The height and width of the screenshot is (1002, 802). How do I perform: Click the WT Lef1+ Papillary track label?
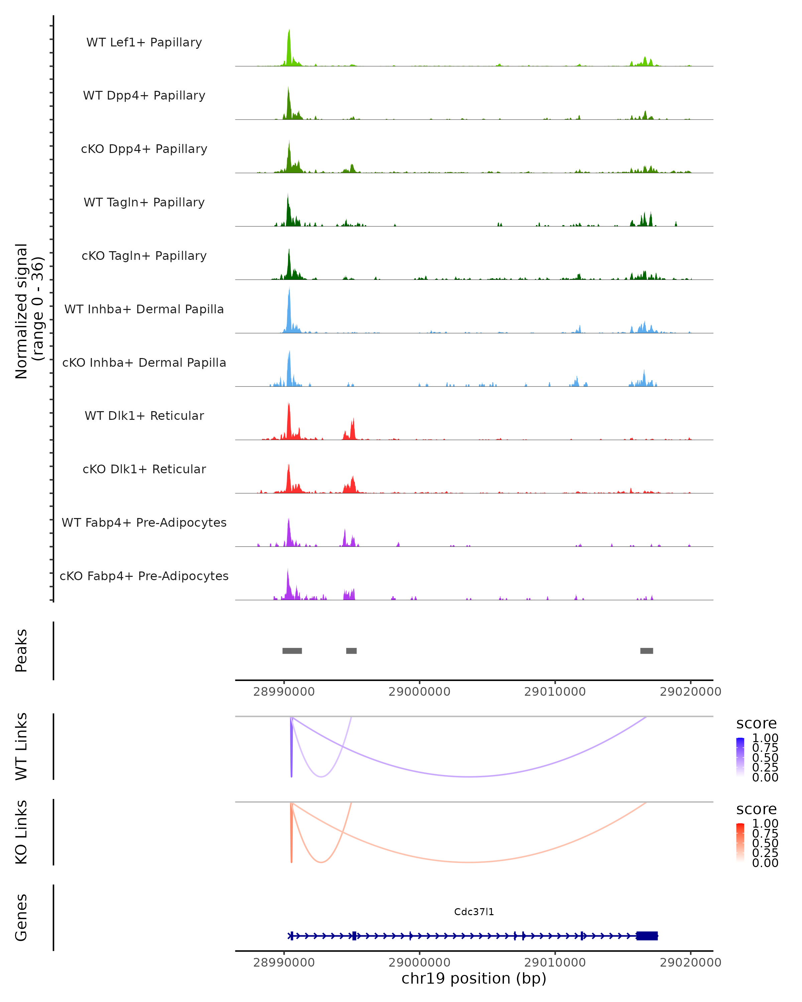click(144, 42)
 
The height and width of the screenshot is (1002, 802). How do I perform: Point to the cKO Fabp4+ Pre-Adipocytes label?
click(144, 576)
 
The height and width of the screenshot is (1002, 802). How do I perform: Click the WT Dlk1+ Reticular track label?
click(144, 416)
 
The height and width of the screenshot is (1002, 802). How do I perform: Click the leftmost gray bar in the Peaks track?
click(292, 651)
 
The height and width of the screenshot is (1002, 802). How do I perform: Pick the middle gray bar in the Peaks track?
click(352, 651)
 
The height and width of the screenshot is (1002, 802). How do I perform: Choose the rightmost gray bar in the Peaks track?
click(646, 651)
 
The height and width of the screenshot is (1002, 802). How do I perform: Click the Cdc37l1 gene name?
click(474, 912)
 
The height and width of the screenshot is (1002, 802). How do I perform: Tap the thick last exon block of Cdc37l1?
click(647, 936)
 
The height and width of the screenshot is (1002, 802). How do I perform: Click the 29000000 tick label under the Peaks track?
click(419, 692)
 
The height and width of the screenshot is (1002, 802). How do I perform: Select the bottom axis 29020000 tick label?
click(690, 963)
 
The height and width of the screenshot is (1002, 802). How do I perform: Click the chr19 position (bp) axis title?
click(474, 979)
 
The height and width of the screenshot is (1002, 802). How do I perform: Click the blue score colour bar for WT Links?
click(740, 757)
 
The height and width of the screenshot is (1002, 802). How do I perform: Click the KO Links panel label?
click(21, 832)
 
